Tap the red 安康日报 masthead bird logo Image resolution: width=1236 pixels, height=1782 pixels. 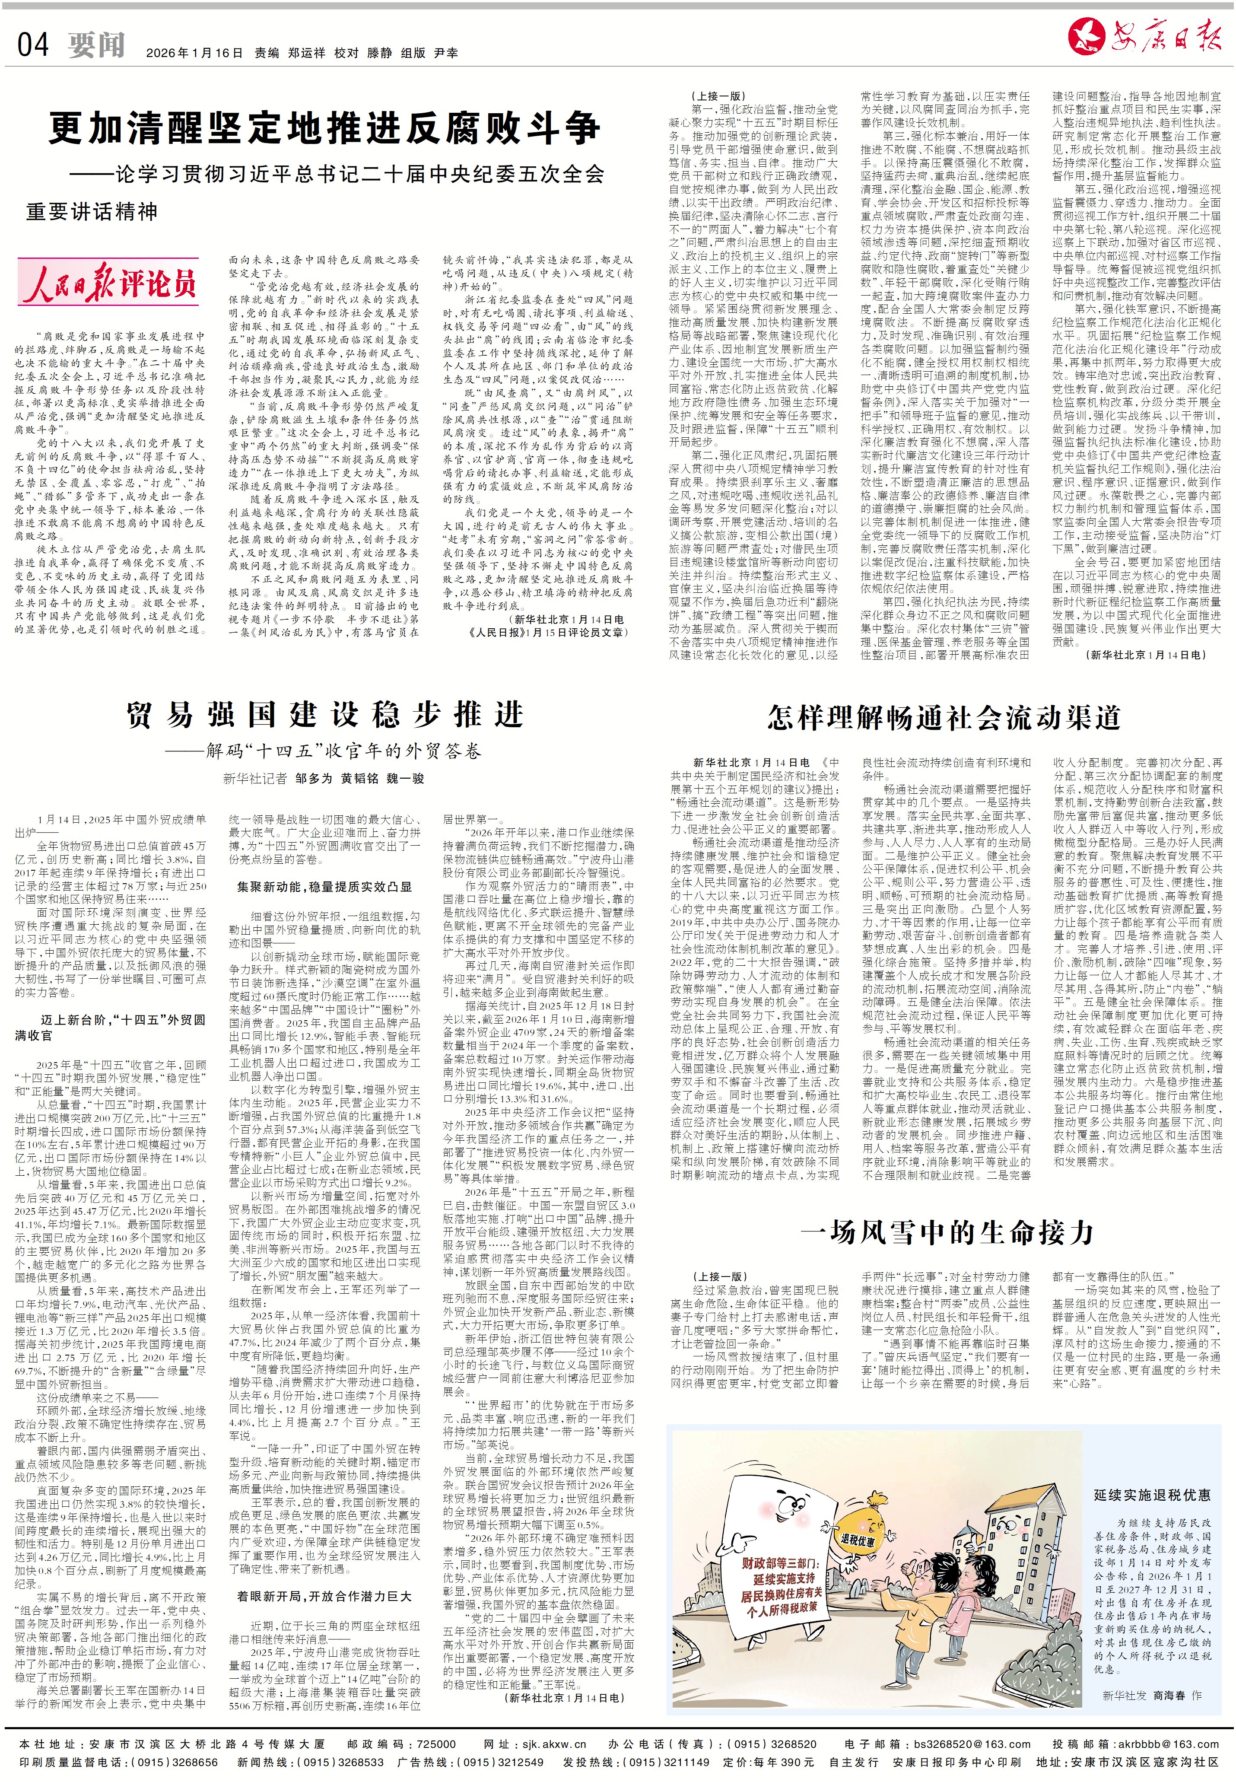pyautogui.click(x=1085, y=35)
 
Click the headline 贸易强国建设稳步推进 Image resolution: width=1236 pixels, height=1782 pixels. pyautogui.click(x=325, y=714)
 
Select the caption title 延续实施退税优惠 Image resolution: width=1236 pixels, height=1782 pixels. pyautogui.click(x=1152, y=1494)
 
